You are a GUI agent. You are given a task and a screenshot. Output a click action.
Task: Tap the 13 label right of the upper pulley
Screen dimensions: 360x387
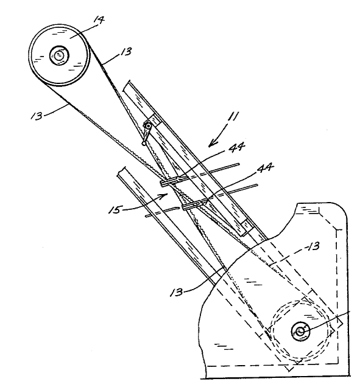126,52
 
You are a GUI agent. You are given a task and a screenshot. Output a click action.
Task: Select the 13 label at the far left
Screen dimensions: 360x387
37,116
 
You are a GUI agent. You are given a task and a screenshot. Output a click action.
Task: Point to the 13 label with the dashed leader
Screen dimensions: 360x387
313,246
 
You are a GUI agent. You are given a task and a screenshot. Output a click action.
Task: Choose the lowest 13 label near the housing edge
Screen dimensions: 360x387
177,292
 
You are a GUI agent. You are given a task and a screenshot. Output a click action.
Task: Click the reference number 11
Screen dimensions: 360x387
234,116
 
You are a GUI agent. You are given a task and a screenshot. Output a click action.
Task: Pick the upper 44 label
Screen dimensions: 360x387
237,147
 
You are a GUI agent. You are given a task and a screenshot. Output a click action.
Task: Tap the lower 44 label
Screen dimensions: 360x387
266,168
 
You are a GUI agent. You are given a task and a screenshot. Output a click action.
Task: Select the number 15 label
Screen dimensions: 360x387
115,209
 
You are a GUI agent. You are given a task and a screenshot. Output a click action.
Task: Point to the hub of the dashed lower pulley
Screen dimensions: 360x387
300,332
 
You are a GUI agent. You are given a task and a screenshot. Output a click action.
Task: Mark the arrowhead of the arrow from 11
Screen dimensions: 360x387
211,144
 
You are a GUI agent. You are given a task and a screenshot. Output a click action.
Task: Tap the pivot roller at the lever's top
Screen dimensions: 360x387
148,126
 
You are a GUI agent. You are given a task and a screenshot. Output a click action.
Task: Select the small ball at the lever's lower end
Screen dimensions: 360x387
144,143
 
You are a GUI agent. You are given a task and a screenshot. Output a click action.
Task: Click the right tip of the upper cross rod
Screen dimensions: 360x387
238,164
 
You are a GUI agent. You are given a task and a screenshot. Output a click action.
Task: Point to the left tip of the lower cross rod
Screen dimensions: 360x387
147,216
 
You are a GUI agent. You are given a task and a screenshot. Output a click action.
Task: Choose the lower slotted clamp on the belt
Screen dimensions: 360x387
193,205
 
